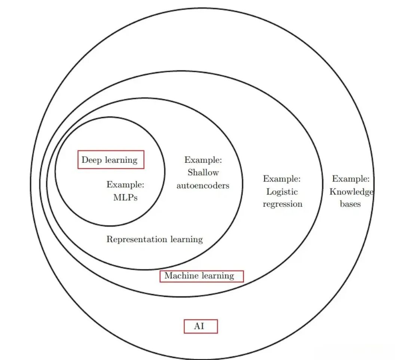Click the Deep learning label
[x=110, y=160]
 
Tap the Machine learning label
[x=199, y=276]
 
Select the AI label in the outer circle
[x=199, y=326]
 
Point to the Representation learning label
[x=154, y=239]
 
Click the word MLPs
[x=125, y=198]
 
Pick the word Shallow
[x=203, y=173]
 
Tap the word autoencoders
[x=203, y=185]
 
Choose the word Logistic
[x=282, y=192]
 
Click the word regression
[x=282, y=204]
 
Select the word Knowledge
[x=351, y=192]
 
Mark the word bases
[x=350, y=204]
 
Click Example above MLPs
[x=125, y=184]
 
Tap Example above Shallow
[x=203, y=160]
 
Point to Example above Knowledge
[x=351, y=179]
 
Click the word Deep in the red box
[x=91, y=160]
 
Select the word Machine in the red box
[x=180, y=276]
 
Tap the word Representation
[x=136, y=239]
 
